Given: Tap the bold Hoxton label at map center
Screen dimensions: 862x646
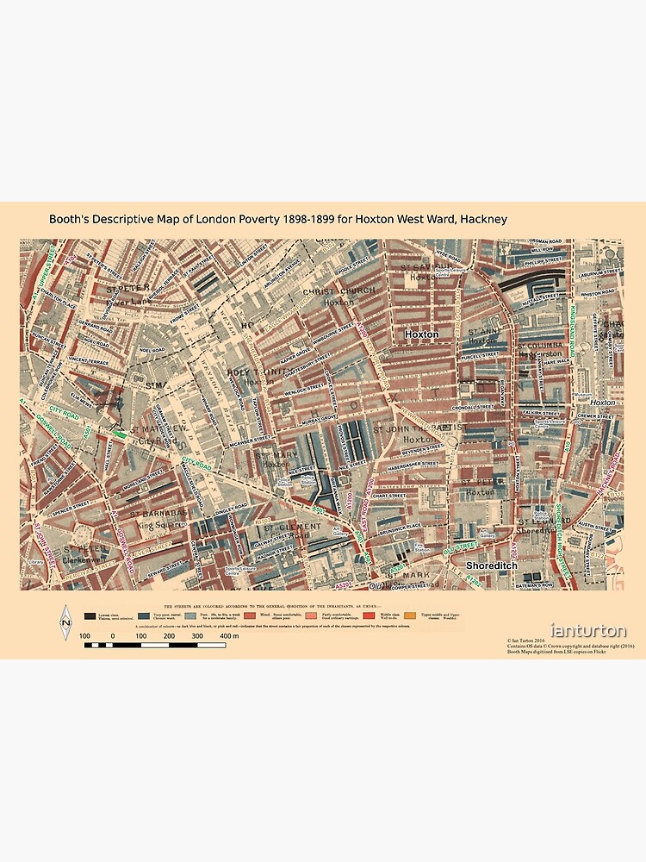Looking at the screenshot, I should [x=421, y=334].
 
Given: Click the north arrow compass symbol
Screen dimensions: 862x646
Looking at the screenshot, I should [x=65, y=622].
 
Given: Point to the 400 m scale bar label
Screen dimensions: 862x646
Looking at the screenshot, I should [x=229, y=635].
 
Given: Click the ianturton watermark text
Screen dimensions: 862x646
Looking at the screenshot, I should [x=589, y=632].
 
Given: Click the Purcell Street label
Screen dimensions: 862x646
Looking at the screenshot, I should [x=479, y=354].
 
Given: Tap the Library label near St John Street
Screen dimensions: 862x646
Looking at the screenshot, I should [x=36, y=561].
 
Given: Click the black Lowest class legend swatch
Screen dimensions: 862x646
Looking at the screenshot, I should [x=90, y=616].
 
